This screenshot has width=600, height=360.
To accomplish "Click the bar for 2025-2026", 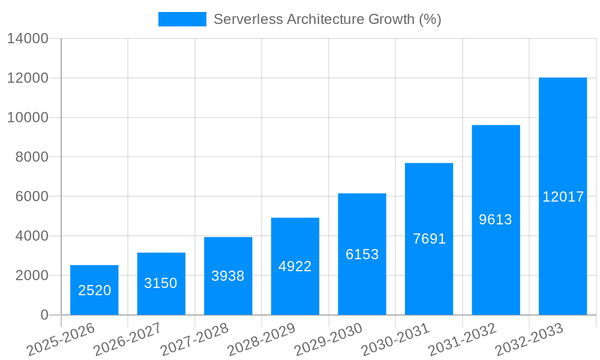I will [x=94, y=290].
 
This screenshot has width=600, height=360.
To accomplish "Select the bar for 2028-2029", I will [x=295, y=266].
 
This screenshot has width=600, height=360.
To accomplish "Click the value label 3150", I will [x=161, y=283].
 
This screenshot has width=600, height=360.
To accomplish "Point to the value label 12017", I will [x=563, y=197].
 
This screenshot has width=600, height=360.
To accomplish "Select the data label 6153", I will [x=362, y=254].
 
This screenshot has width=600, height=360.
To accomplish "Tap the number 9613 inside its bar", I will [x=496, y=220].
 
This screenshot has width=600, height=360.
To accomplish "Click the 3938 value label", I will [x=228, y=276].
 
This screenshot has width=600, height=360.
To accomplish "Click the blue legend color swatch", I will [x=182, y=19].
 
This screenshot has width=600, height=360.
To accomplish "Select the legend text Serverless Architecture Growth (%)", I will [x=327, y=19].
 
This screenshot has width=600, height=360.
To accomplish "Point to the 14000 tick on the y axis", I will [x=28, y=39].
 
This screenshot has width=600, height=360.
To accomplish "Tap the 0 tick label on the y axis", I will [x=44, y=315].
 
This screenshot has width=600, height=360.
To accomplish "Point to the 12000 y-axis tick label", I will [x=28, y=79].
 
